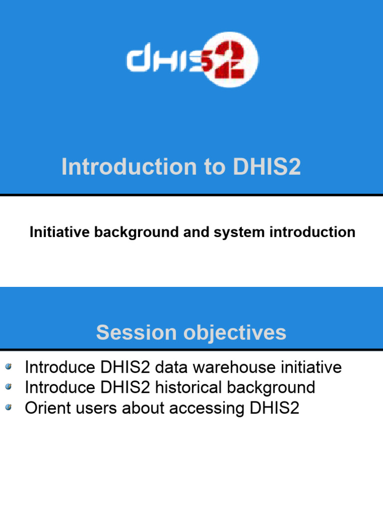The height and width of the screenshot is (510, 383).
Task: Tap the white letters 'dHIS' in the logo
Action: [165, 61]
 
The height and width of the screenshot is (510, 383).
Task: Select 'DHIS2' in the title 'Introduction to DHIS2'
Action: [267, 167]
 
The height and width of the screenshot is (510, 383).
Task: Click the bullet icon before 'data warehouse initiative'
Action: [8, 368]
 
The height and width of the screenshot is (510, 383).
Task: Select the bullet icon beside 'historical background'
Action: [8, 387]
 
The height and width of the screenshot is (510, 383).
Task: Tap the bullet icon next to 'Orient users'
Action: [8, 407]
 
